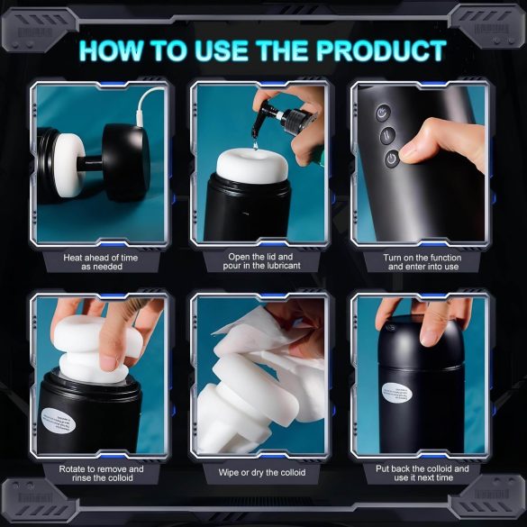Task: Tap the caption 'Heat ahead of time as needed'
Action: click(101, 261)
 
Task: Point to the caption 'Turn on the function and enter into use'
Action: click(423, 261)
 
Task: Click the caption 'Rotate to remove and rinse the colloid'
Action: click(101, 474)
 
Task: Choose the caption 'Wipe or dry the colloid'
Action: click(262, 472)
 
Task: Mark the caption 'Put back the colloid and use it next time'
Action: click(423, 474)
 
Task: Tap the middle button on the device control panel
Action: click(386, 136)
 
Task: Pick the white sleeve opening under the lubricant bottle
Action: click(253, 168)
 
